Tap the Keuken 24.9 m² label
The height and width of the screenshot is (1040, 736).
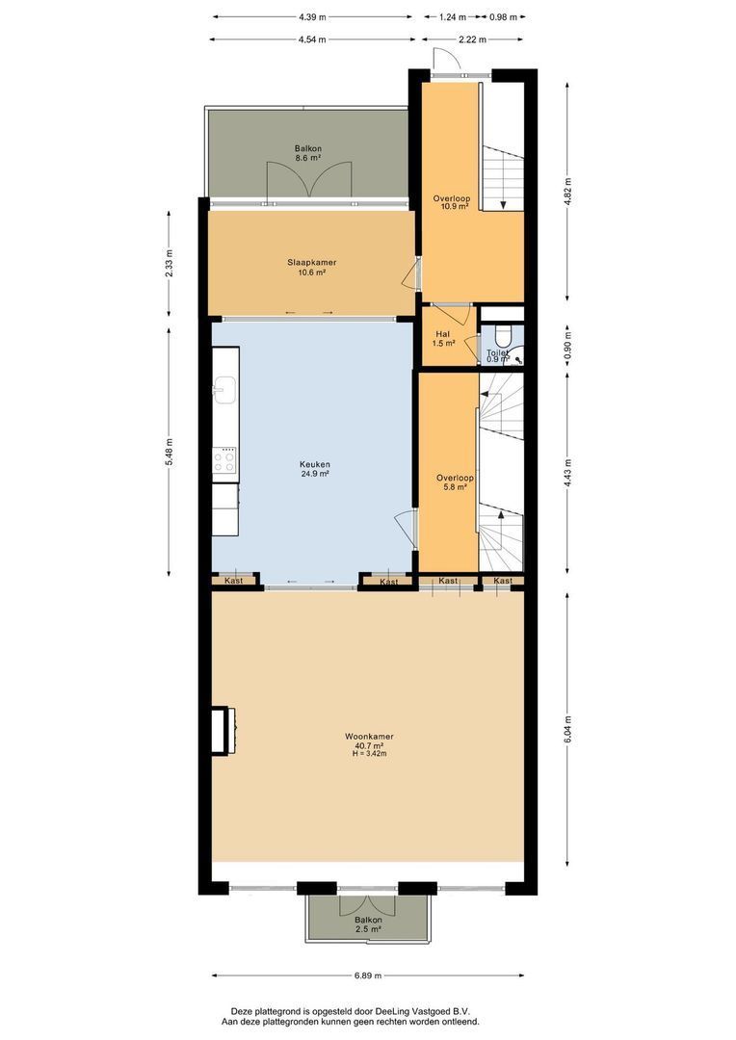click(x=314, y=469)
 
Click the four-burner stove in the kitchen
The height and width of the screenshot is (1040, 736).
click(x=225, y=461)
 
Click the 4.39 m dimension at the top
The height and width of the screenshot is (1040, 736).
click(x=313, y=16)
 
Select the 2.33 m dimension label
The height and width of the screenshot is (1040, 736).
click(x=171, y=264)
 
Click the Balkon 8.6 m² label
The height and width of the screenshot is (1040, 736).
click(x=308, y=153)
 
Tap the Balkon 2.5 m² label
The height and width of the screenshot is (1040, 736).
click(x=367, y=925)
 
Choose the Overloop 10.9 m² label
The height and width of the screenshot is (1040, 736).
click(x=451, y=203)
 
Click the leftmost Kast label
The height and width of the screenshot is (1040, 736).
click(x=234, y=582)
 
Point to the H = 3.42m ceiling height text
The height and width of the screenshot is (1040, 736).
click(x=369, y=754)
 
